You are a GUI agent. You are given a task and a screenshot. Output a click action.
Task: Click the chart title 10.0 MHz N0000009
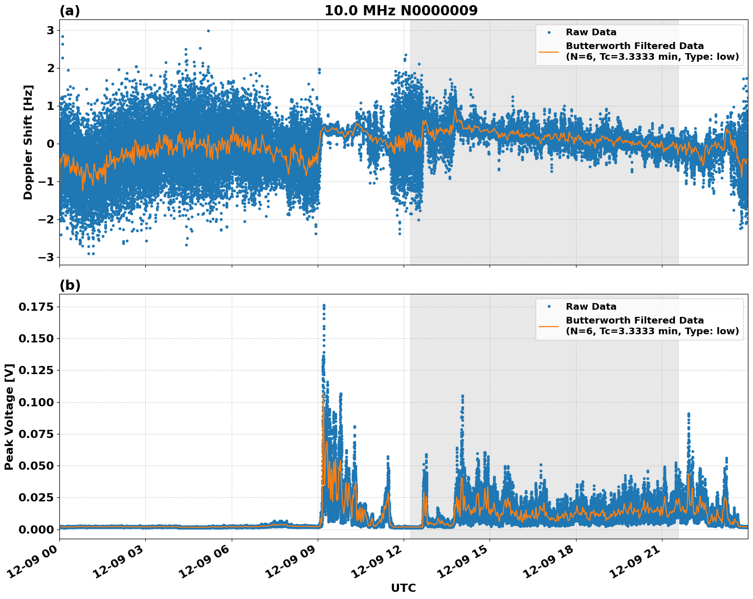(401, 11)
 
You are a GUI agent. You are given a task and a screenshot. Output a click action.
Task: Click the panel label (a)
(70, 11)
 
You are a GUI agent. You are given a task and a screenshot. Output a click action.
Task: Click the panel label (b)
(70, 285)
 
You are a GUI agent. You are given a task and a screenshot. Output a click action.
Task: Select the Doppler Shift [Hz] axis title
(28, 142)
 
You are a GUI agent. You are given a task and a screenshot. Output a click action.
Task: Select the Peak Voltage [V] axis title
(9, 417)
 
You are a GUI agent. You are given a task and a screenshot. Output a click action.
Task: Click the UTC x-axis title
(403, 588)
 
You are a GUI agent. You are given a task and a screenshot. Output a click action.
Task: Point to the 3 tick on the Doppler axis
(50, 30)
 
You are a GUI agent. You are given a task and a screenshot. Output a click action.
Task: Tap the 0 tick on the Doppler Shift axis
(50, 144)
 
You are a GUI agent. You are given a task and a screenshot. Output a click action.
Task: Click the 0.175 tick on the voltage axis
(36, 307)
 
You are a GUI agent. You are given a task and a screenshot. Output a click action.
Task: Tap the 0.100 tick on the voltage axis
(36, 402)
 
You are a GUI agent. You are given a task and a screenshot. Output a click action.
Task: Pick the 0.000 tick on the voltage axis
(36, 529)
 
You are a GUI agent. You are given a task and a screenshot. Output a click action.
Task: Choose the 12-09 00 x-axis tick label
(36, 565)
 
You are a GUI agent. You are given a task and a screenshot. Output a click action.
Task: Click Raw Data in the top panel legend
(591, 32)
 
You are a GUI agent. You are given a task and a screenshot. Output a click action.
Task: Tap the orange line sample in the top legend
(548, 51)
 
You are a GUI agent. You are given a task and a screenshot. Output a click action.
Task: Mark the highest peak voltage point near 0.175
(324, 305)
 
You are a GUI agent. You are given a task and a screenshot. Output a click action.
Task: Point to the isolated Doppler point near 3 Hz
(208, 31)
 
